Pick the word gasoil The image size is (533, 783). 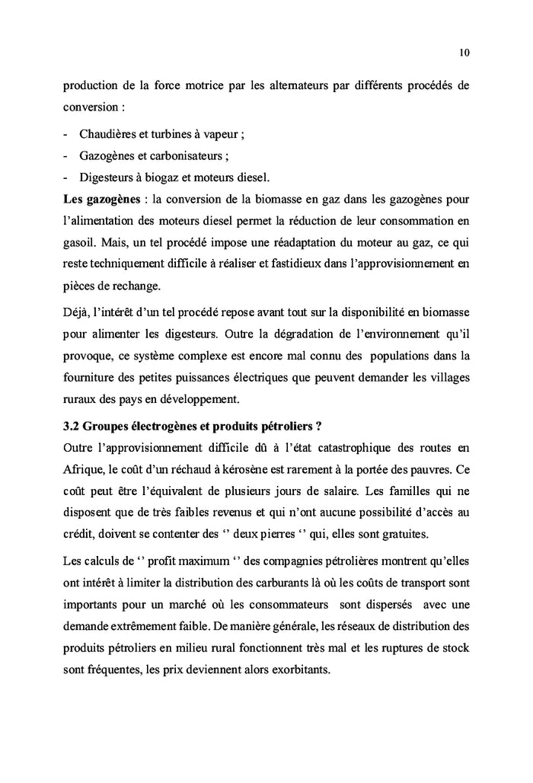click(x=80, y=245)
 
